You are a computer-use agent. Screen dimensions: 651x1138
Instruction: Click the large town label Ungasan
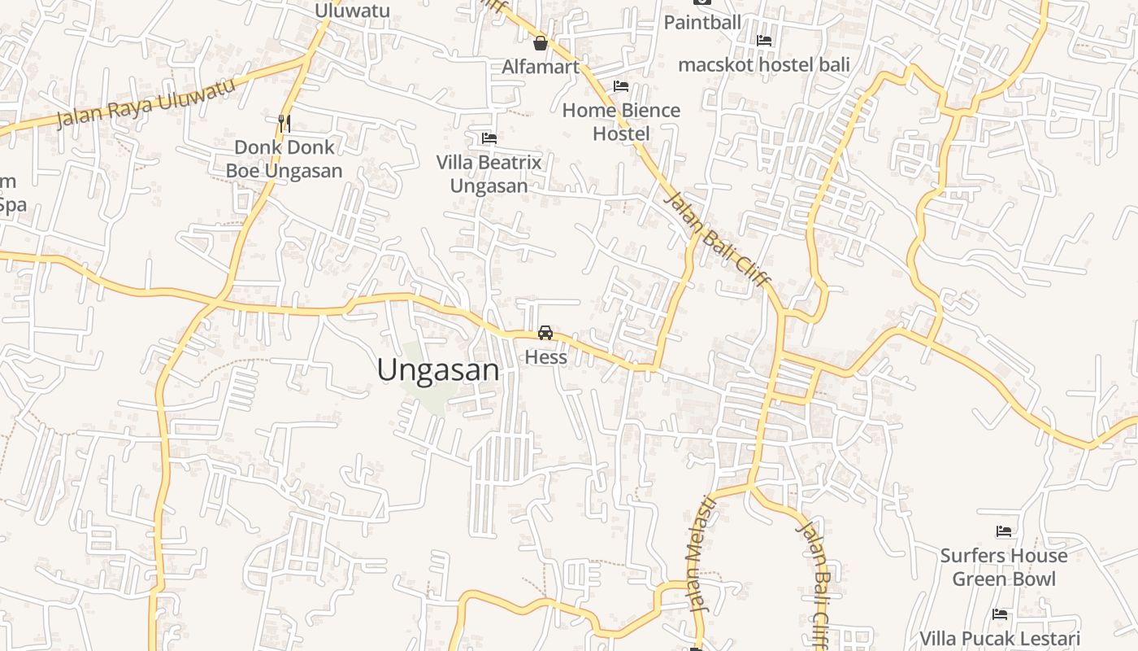click(438, 370)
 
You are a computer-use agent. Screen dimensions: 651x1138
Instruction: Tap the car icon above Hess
click(545, 333)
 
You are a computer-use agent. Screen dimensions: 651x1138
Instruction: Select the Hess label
click(545, 356)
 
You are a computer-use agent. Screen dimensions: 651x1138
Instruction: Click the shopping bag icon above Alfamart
click(540, 43)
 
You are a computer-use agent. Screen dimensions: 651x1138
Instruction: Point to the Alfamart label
click(540, 67)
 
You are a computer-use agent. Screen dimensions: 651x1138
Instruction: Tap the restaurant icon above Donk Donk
click(284, 124)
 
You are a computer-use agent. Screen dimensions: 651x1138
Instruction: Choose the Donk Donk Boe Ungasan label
click(284, 159)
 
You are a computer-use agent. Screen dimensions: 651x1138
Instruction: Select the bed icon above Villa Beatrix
click(489, 138)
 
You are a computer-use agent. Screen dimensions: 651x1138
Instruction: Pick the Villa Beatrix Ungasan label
click(489, 174)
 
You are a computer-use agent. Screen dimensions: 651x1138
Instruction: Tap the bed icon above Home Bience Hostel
click(621, 86)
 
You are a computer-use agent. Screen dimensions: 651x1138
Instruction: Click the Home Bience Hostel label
click(621, 122)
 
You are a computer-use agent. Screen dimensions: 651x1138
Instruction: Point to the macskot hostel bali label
click(763, 64)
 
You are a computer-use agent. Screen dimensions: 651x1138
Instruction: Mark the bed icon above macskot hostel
click(763, 41)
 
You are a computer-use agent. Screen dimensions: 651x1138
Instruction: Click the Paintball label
click(702, 22)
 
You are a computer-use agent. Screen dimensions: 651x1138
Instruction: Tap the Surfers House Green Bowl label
click(1004, 567)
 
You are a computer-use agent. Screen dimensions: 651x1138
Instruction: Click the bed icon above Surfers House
click(1004, 532)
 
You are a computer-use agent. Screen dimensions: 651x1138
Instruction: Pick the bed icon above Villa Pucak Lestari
click(999, 614)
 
